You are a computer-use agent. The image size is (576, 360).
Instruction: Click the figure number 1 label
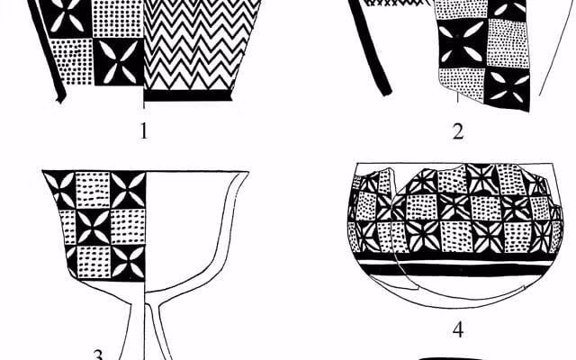click(x=144, y=130)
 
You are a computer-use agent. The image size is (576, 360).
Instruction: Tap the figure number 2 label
click(x=458, y=131)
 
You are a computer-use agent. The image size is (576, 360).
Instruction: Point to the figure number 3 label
click(x=98, y=355)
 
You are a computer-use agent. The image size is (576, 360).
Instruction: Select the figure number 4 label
click(x=458, y=330)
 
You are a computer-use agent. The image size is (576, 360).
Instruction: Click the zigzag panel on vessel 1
click(x=200, y=44)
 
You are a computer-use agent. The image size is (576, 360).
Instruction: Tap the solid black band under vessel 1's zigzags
click(x=188, y=95)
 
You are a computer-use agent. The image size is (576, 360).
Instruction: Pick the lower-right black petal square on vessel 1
click(x=118, y=62)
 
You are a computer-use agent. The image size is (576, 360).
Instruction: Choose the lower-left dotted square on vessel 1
click(x=71, y=62)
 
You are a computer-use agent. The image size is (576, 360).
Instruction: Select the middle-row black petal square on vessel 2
click(x=463, y=43)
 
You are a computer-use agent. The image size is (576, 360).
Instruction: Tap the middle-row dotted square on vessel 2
click(x=508, y=43)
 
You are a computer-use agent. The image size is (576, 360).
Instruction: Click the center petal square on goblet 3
click(x=93, y=228)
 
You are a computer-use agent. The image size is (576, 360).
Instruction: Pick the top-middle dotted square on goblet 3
click(x=93, y=190)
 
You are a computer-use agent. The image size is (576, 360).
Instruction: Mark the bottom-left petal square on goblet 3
click(x=72, y=262)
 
